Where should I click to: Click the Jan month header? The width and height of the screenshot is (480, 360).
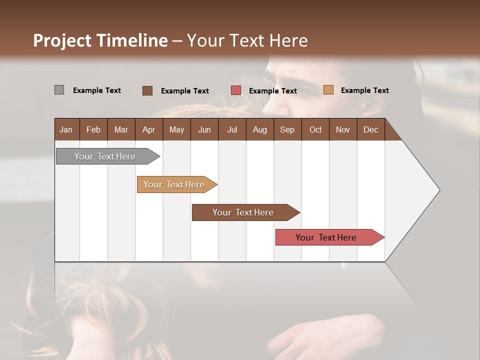click(66, 129)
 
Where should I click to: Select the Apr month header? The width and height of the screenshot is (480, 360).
click(148, 129)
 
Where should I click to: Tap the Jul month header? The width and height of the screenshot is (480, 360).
click(232, 129)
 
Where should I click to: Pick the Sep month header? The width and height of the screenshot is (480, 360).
click(287, 129)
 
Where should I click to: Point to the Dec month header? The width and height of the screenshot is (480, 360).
click(370, 129)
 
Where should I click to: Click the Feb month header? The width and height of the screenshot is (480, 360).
click(93, 129)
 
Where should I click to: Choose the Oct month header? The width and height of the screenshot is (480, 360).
click(315, 129)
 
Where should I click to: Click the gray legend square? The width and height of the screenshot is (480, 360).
click(59, 90)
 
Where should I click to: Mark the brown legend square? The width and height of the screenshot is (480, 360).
click(147, 90)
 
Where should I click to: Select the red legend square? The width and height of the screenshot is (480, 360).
click(235, 90)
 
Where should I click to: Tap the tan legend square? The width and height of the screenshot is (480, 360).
click(328, 90)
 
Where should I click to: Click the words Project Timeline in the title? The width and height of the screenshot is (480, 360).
click(100, 40)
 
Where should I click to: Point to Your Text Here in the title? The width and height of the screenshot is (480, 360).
click(247, 40)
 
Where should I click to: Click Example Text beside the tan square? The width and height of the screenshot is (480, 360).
click(364, 90)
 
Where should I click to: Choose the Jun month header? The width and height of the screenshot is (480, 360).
click(204, 129)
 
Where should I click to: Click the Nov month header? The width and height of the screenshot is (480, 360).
click(342, 129)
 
